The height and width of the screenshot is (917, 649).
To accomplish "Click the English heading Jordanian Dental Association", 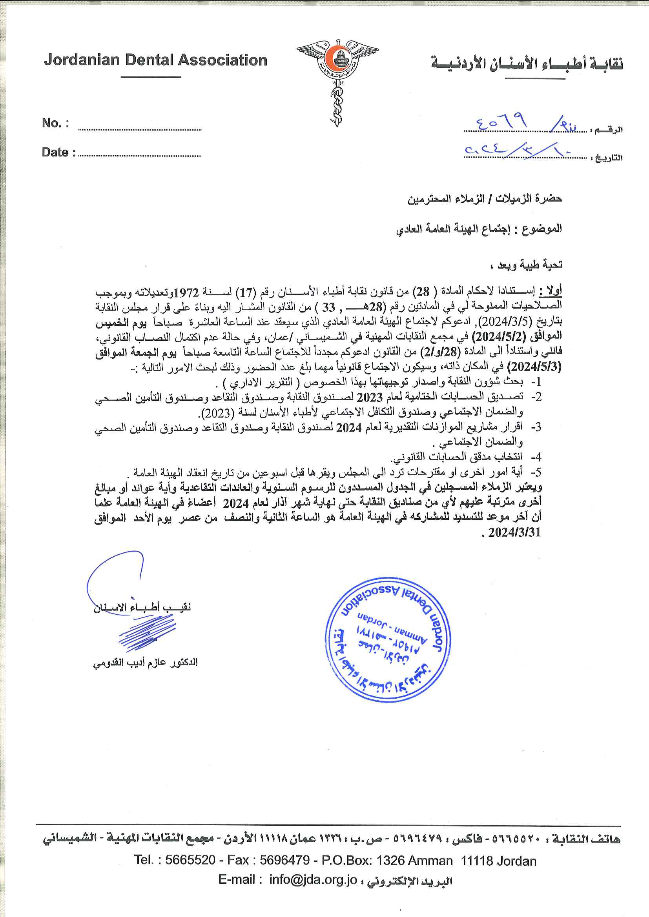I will click(155, 60).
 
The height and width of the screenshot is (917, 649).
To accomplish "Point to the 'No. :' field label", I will click(55, 123).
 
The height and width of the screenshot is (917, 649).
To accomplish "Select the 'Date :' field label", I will click(58, 152).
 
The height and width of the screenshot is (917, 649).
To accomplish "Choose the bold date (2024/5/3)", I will click(534, 367).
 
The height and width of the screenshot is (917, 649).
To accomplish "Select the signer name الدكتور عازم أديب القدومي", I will click(146, 663).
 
